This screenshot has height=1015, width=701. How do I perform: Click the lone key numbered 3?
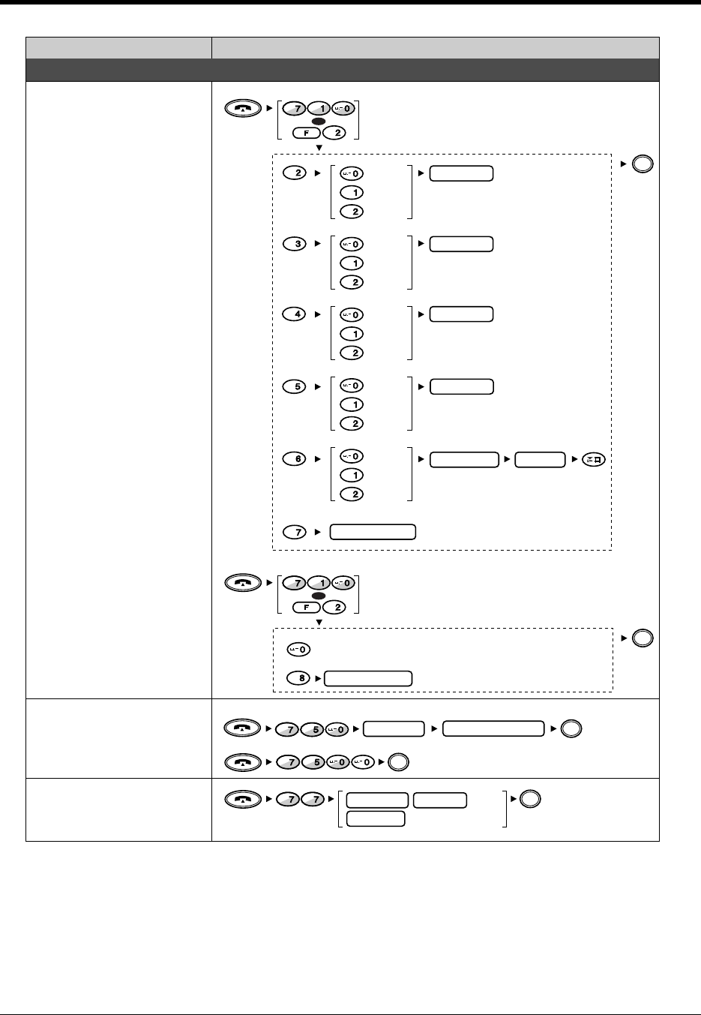point(298,244)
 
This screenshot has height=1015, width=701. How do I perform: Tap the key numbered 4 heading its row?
point(298,314)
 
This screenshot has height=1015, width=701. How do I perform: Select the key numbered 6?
point(298,459)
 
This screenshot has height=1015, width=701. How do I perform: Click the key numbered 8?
point(300,678)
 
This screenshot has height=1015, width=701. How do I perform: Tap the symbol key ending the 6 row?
point(594,459)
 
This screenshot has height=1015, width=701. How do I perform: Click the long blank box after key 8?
point(368,678)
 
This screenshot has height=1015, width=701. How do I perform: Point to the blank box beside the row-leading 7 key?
point(373,532)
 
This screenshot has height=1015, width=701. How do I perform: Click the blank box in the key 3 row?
point(462,244)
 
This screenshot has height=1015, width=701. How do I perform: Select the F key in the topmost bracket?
point(306,134)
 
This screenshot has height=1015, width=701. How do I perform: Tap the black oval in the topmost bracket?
point(318,121)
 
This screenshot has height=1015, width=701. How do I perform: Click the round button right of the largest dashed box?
point(643,164)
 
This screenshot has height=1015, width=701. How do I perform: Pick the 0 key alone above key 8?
point(299,649)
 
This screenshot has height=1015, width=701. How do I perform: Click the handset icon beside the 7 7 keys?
point(243,800)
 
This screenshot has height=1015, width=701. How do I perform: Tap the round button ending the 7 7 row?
point(529,799)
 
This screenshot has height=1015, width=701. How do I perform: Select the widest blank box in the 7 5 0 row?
point(493,728)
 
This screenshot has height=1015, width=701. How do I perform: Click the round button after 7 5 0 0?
point(399,762)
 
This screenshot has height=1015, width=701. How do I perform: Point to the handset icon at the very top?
point(243,109)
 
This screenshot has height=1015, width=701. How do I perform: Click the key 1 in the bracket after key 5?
point(352,404)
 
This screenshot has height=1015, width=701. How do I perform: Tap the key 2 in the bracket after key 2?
point(352,212)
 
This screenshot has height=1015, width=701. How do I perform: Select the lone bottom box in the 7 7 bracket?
point(376,818)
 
